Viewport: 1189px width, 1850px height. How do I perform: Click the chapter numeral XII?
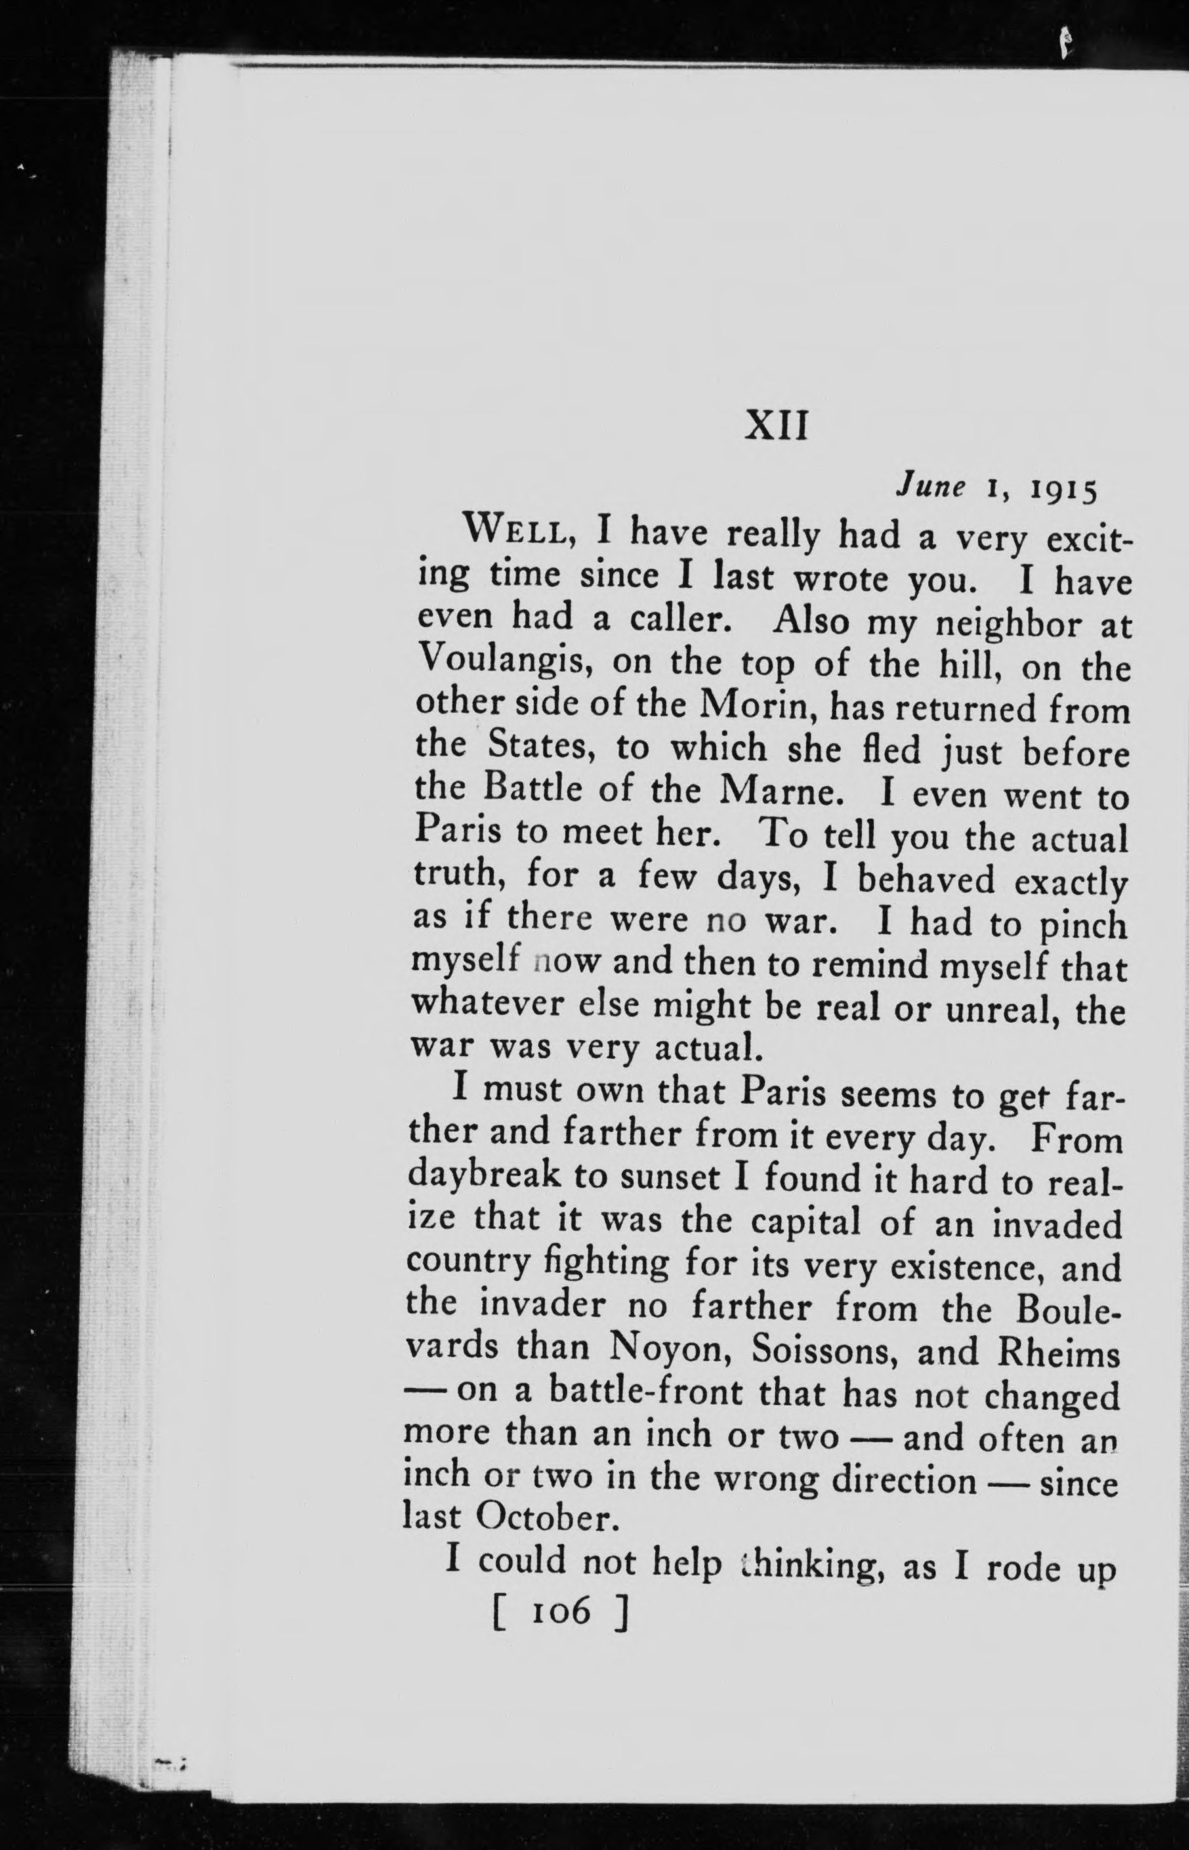click(x=776, y=426)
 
